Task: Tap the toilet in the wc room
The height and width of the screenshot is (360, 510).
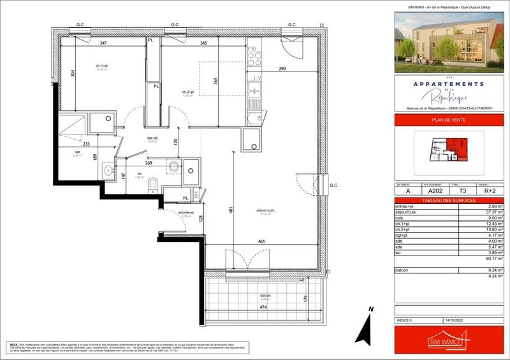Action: click(152, 185)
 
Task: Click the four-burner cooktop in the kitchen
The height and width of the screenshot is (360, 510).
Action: click(254, 59)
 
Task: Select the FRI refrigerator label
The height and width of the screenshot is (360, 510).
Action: click(252, 48)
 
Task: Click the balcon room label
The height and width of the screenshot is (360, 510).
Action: click(265, 296)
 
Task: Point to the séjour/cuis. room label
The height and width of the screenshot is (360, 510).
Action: click(265, 211)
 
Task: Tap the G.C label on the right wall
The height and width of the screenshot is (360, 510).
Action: click(332, 186)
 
